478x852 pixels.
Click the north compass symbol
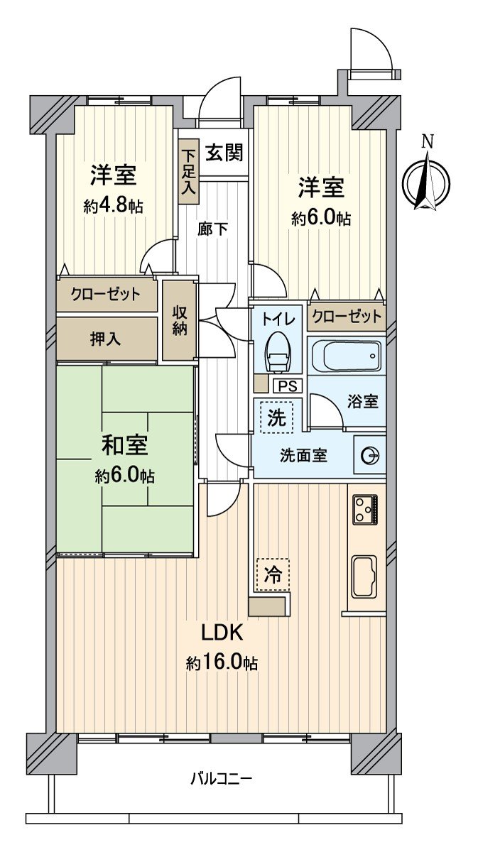click(x=427, y=182)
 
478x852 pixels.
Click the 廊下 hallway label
click(x=212, y=229)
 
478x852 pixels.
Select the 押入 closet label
click(x=105, y=339)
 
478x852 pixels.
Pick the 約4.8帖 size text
click(x=113, y=207)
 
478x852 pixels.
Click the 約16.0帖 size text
click(x=222, y=664)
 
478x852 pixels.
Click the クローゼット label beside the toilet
click(x=347, y=316)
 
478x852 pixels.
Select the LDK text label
click(x=222, y=632)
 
